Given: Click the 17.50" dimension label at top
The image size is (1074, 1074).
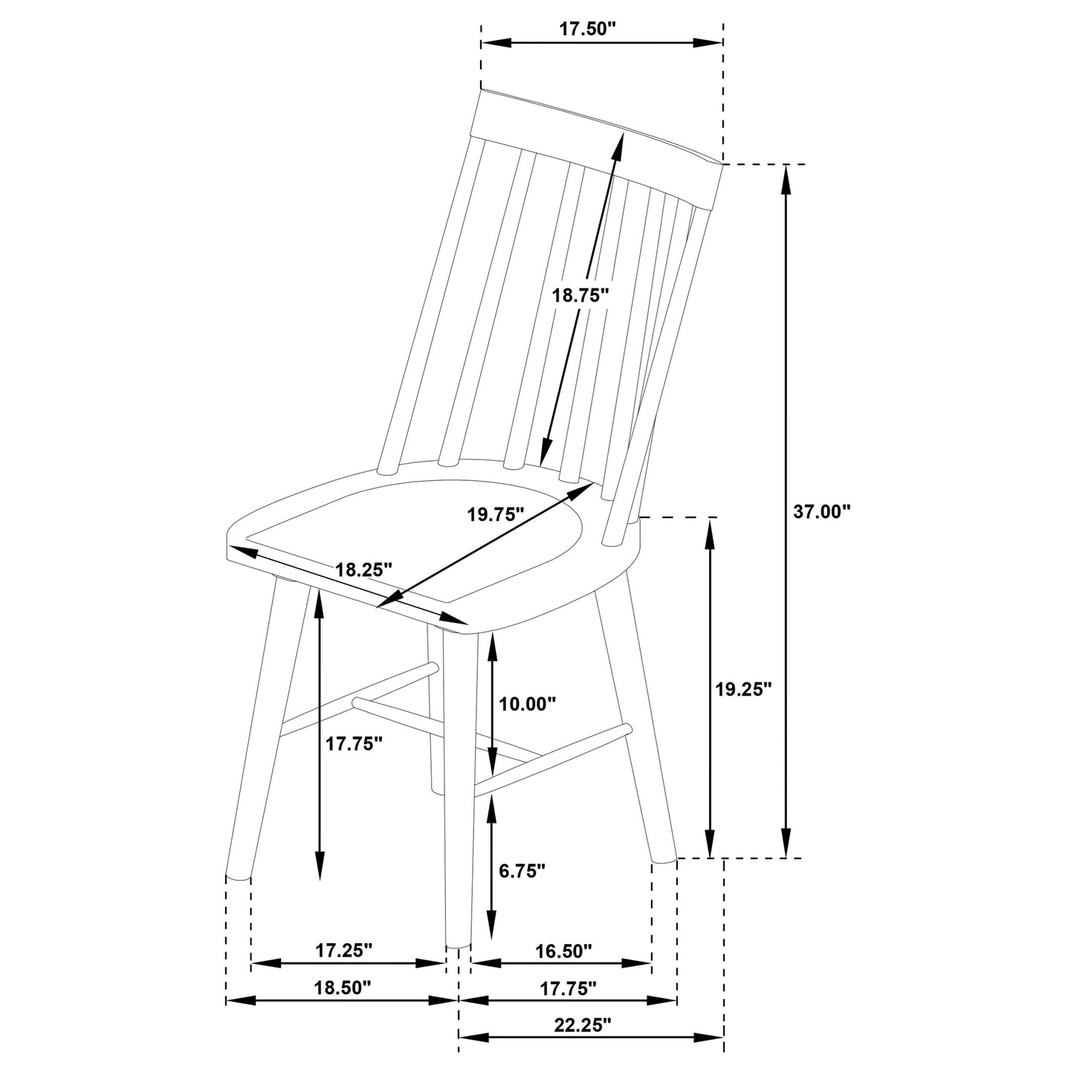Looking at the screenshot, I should pyautogui.click(x=587, y=29).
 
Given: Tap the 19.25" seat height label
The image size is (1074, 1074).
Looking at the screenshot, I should pyautogui.click(x=744, y=689).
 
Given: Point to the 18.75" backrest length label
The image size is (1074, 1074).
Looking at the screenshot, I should pyautogui.click(x=580, y=294).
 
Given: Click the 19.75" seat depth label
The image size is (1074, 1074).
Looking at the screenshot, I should pyautogui.click(x=496, y=514).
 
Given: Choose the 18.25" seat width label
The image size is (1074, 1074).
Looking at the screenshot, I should pyautogui.click(x=363, y=570).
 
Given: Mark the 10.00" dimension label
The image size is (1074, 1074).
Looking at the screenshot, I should pyautogui.click(x=528, y=704).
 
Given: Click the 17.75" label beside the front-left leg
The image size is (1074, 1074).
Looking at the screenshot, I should pyautogui.click(x=354, y=743).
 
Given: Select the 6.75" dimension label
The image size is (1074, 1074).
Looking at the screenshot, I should pyautogui.click(x=523, y=869).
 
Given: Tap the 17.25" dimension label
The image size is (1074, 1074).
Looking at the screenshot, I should pyautogui.click(x=343, y=950).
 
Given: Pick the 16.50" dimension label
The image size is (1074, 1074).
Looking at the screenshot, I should pyautogui.click(x=563, y=950).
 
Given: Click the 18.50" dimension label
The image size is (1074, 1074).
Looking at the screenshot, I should pyautogui.click(x=342, y=988).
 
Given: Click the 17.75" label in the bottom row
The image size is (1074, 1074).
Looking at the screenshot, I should pyautogui.click(x=569, y=988).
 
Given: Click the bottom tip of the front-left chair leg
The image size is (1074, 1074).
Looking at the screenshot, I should pyautogui.click(x=239, y=876).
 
